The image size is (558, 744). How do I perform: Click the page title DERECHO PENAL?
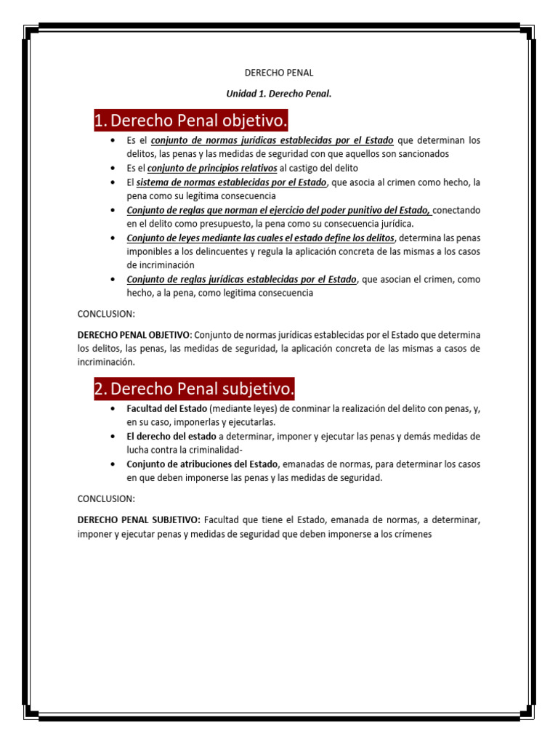tap(279, 73)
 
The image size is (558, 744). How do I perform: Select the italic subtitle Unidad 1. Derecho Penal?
tap(279, 94)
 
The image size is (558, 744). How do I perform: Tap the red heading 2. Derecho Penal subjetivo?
tap(195, 390)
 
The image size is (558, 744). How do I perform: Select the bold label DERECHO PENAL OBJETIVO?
tap(133, 335)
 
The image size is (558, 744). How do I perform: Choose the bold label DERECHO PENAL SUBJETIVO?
tap(138, 520)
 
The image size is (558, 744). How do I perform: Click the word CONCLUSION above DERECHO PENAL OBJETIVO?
tap(106, 314)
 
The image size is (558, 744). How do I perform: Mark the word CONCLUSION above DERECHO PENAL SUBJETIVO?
tap(106, 499)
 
